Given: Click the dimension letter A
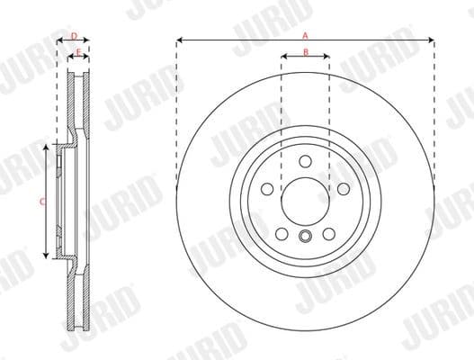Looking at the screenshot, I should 305,33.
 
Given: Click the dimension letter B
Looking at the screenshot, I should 305,53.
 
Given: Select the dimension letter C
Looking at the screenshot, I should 41,202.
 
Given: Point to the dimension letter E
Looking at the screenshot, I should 79,54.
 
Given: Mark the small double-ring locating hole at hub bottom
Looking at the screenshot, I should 305,238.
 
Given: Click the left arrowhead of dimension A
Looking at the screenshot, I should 180,40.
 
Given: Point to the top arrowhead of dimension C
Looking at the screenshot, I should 48,147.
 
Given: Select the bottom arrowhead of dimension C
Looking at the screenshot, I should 48,256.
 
